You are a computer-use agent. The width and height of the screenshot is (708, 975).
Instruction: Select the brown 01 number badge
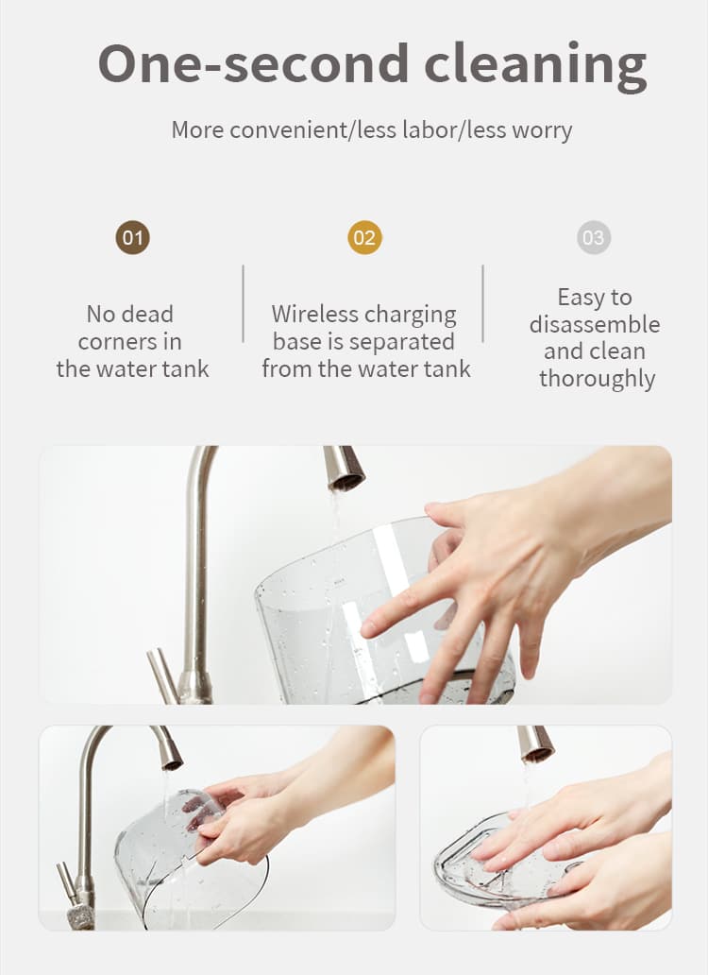pyautogui.click(x=132, y=237)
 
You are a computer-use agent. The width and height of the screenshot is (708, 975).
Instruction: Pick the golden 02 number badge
pyautogui.click(x=364, y=237)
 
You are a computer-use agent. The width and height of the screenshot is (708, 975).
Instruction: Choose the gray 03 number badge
pyautogui.click(x=594, y=237)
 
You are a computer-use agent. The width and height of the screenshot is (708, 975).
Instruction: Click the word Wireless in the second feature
pyautogui.click(x=313, y=315)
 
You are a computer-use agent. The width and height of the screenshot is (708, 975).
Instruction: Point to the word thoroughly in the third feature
pyautogui.click(x=597, y=379)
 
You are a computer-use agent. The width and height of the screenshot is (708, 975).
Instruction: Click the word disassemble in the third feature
pyautogui.click(x=594, y=324)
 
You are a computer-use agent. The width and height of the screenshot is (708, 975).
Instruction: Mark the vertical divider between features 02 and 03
pyautogui.click(x=483, y=303)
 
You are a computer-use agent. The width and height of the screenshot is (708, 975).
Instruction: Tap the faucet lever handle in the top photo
pyautogui.click(x=162, y=673)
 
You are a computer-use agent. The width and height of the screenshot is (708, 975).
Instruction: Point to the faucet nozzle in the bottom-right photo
pyautogui.click(x=535, y=744)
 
